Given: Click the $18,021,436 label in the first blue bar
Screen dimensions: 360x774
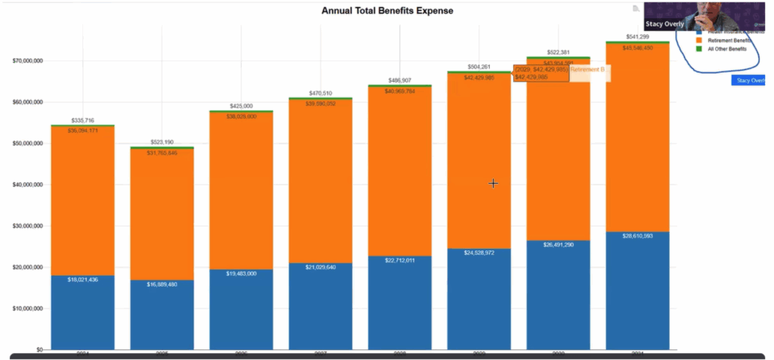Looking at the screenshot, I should coord(83,280).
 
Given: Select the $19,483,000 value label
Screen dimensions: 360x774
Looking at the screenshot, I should coord(241,274).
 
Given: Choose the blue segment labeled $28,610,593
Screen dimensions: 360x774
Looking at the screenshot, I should coord(636,291).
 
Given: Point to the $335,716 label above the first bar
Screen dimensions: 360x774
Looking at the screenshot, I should coord(82,120).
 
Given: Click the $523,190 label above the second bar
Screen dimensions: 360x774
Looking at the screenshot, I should coord(162,142).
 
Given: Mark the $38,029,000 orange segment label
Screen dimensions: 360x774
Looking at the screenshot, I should coord(241,116).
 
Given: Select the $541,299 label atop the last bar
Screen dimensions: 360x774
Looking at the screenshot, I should coord(637,37).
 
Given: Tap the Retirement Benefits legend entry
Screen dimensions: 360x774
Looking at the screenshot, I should coord(729,40).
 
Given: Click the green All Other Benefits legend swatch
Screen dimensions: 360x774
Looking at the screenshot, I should coord(698,48).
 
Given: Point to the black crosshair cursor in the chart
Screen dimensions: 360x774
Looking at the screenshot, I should coord(493,183).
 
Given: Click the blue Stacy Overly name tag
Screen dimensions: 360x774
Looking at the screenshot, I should coord(751,80).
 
